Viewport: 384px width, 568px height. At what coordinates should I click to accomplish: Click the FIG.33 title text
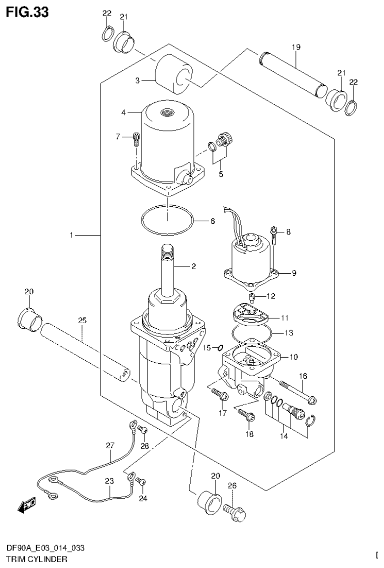click(27, 12)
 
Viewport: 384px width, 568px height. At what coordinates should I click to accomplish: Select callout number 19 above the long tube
click(295, 47)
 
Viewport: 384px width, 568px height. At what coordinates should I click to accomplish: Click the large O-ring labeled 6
click(167, 219)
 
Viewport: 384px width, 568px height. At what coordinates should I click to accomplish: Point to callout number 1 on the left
click(72, 234)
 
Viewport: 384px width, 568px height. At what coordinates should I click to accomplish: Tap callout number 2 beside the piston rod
click(193, 267)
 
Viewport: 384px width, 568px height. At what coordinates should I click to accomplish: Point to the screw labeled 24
click(141, 482)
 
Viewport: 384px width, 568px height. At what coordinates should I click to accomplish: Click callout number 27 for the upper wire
click(110, 445)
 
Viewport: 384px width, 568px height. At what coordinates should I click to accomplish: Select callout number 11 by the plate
click(284, 317)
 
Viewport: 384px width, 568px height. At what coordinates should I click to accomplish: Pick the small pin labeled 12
click(253, 299)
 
